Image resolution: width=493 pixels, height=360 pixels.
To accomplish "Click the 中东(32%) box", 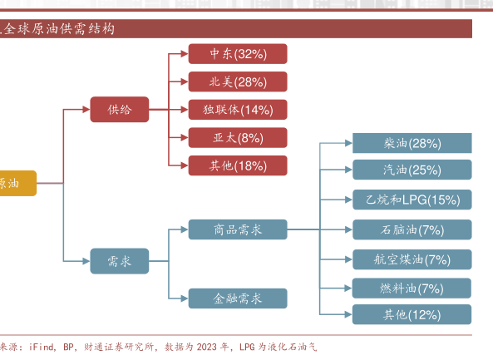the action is [238, 54].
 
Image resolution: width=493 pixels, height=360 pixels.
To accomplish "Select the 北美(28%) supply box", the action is [238, 81].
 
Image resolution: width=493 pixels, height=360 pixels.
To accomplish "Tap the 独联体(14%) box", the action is [238, 110].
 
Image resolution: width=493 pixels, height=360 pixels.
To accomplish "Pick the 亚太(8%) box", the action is [238, 138].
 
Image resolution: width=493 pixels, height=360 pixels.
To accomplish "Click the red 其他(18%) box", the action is [238, 165].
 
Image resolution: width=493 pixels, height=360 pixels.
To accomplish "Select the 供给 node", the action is [120, 110].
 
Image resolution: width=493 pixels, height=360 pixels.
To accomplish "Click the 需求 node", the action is [120, 261].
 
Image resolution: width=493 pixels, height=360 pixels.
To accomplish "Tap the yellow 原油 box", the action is [18, 183].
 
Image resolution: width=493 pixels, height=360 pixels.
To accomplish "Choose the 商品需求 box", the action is [238, 229].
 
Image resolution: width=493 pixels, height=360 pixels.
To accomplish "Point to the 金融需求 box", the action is [238, 298].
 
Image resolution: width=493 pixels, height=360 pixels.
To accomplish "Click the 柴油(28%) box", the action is [412, 143].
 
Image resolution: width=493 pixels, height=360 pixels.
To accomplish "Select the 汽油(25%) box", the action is [412, 170].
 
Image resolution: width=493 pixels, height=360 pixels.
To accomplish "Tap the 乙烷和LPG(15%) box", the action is [412, 200].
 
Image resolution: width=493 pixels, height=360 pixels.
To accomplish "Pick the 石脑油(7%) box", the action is [412, 229].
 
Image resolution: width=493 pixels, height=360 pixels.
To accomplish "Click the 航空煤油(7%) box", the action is [412, 259].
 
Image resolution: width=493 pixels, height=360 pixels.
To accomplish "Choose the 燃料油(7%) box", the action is [412, 288].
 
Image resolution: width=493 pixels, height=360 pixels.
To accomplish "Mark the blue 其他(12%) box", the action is [412, 314].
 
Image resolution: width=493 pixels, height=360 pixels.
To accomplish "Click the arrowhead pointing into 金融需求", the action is [185, 298].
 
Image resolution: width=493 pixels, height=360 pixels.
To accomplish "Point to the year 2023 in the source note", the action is [206, 347].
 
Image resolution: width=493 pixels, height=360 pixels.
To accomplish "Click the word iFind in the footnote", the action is [41, 347].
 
